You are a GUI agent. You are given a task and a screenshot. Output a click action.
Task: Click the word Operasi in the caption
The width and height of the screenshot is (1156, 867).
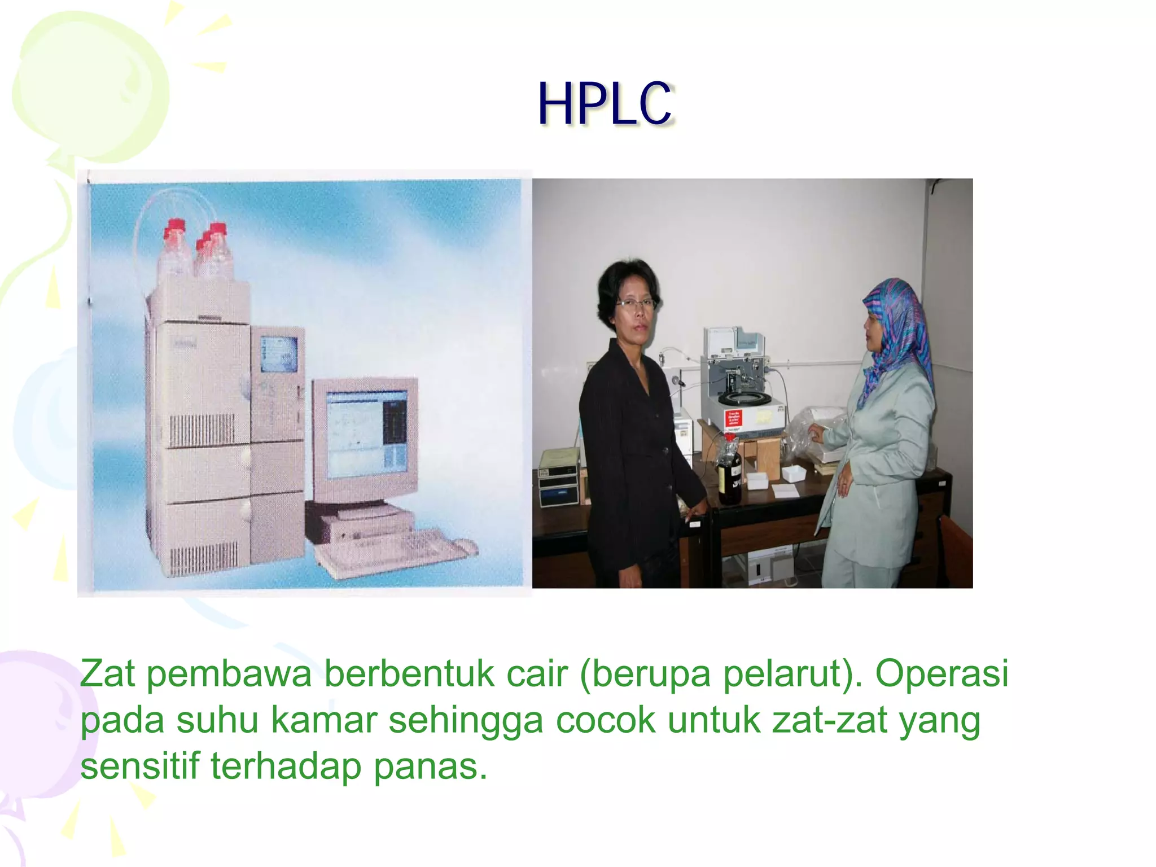pyautogui.click(x=942, y=673)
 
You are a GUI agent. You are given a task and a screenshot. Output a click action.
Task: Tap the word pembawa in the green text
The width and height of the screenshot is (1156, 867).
pyautogui.click(x=229, y=675)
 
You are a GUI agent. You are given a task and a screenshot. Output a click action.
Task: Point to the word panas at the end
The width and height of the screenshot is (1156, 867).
pyautogui.click(x=430, y=767)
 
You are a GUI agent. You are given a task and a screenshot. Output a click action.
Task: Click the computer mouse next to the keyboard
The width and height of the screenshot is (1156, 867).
pyautogui.click(x=464, y=546)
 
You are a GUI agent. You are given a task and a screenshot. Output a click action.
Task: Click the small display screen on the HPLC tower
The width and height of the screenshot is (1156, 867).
pyautogui.click(x=279, y=354)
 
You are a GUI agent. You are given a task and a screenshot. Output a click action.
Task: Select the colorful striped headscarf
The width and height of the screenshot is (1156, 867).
pyautogui.click(x=898, y=333)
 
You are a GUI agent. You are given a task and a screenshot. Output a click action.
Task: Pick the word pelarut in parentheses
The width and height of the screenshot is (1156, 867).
pyautogui.click(x=782, y=673)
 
